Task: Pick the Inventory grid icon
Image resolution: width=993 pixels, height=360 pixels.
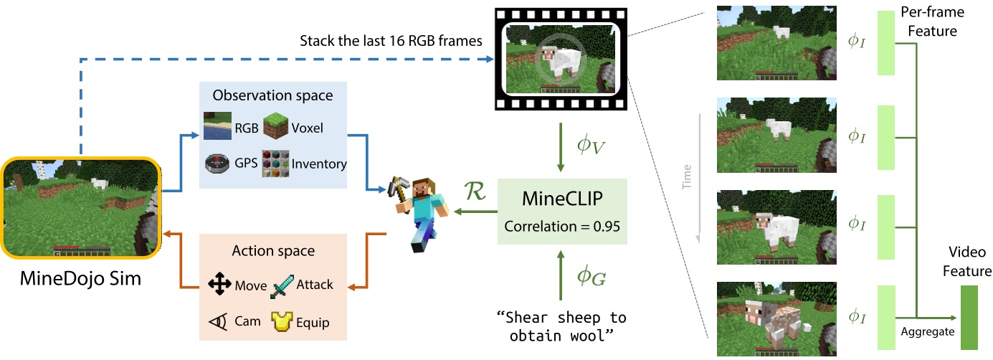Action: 275,163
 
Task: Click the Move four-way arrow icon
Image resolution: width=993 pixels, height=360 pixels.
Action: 219,285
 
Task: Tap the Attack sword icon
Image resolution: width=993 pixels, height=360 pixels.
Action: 282,285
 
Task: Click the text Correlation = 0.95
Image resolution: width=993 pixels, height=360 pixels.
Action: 562,227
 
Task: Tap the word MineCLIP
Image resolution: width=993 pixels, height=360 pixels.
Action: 562,199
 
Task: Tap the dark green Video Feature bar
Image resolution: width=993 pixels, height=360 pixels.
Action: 969,318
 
